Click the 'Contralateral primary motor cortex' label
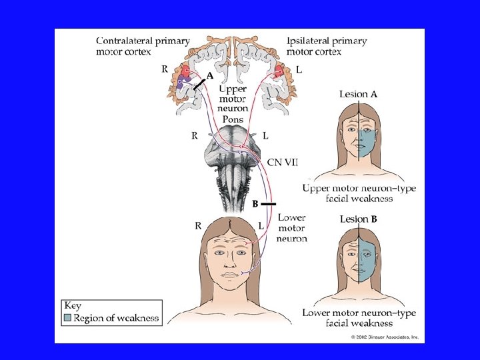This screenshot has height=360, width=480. [142, 46]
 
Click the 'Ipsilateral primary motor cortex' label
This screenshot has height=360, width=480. [327, 46]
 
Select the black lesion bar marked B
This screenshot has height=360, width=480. [267, 203]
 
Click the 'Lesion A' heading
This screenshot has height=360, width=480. [358, 94]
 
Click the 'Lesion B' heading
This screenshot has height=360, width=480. [358, 219]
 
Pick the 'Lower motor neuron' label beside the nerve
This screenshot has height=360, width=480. [292, 228]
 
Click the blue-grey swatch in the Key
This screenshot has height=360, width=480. [67, 318]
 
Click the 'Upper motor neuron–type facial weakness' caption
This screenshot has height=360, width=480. [359, 193]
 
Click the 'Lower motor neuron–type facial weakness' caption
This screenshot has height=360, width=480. [359, 318]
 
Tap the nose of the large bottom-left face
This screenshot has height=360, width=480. [229, 259]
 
